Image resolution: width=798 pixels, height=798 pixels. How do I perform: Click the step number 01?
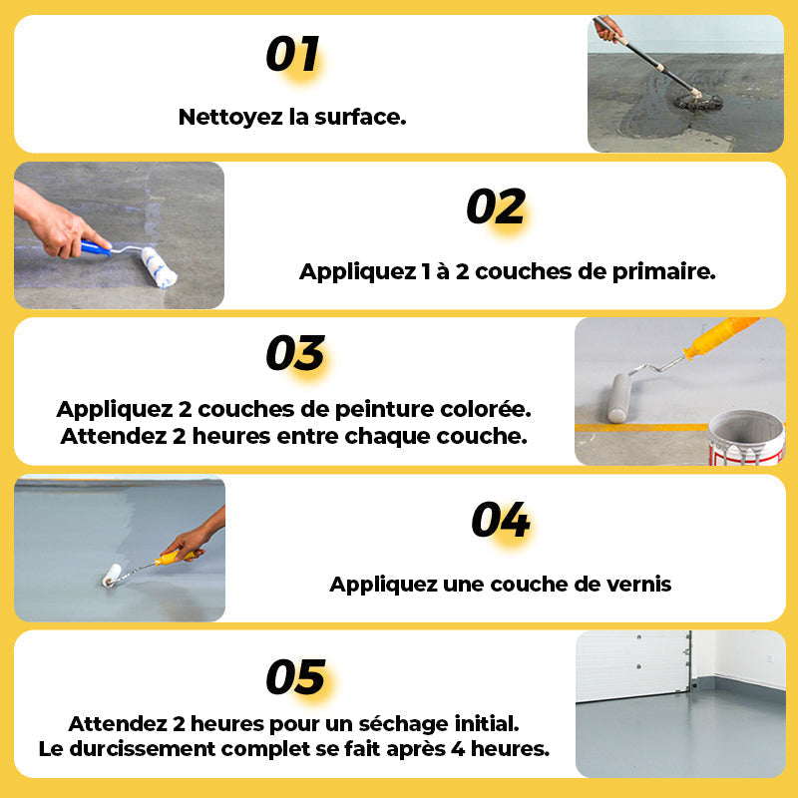tap(292, 54)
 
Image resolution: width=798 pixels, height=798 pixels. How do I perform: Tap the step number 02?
tap(496, 206)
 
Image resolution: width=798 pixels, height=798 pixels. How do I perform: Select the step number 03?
tap(295, 353)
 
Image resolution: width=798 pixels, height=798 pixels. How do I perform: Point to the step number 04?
tap(501, 519)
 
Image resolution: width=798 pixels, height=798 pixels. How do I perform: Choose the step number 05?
tap(295, 677)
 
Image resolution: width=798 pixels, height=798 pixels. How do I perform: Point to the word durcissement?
tap(142, 749)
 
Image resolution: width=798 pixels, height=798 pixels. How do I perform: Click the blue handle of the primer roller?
tap(95, 247)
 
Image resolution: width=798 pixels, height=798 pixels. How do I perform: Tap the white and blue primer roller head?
tap(159, 267)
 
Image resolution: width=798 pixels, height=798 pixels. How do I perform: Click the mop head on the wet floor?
tap(698, 102)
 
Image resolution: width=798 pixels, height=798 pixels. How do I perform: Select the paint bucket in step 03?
tap(746, 438)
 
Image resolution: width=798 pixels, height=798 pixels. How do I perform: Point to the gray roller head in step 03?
tap(619, 397)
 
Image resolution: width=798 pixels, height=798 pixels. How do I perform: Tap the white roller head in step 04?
tap(112, 576)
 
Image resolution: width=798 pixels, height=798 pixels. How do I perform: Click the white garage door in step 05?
tap(633, 664)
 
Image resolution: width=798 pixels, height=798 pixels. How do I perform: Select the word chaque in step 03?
tap(387, 437)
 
